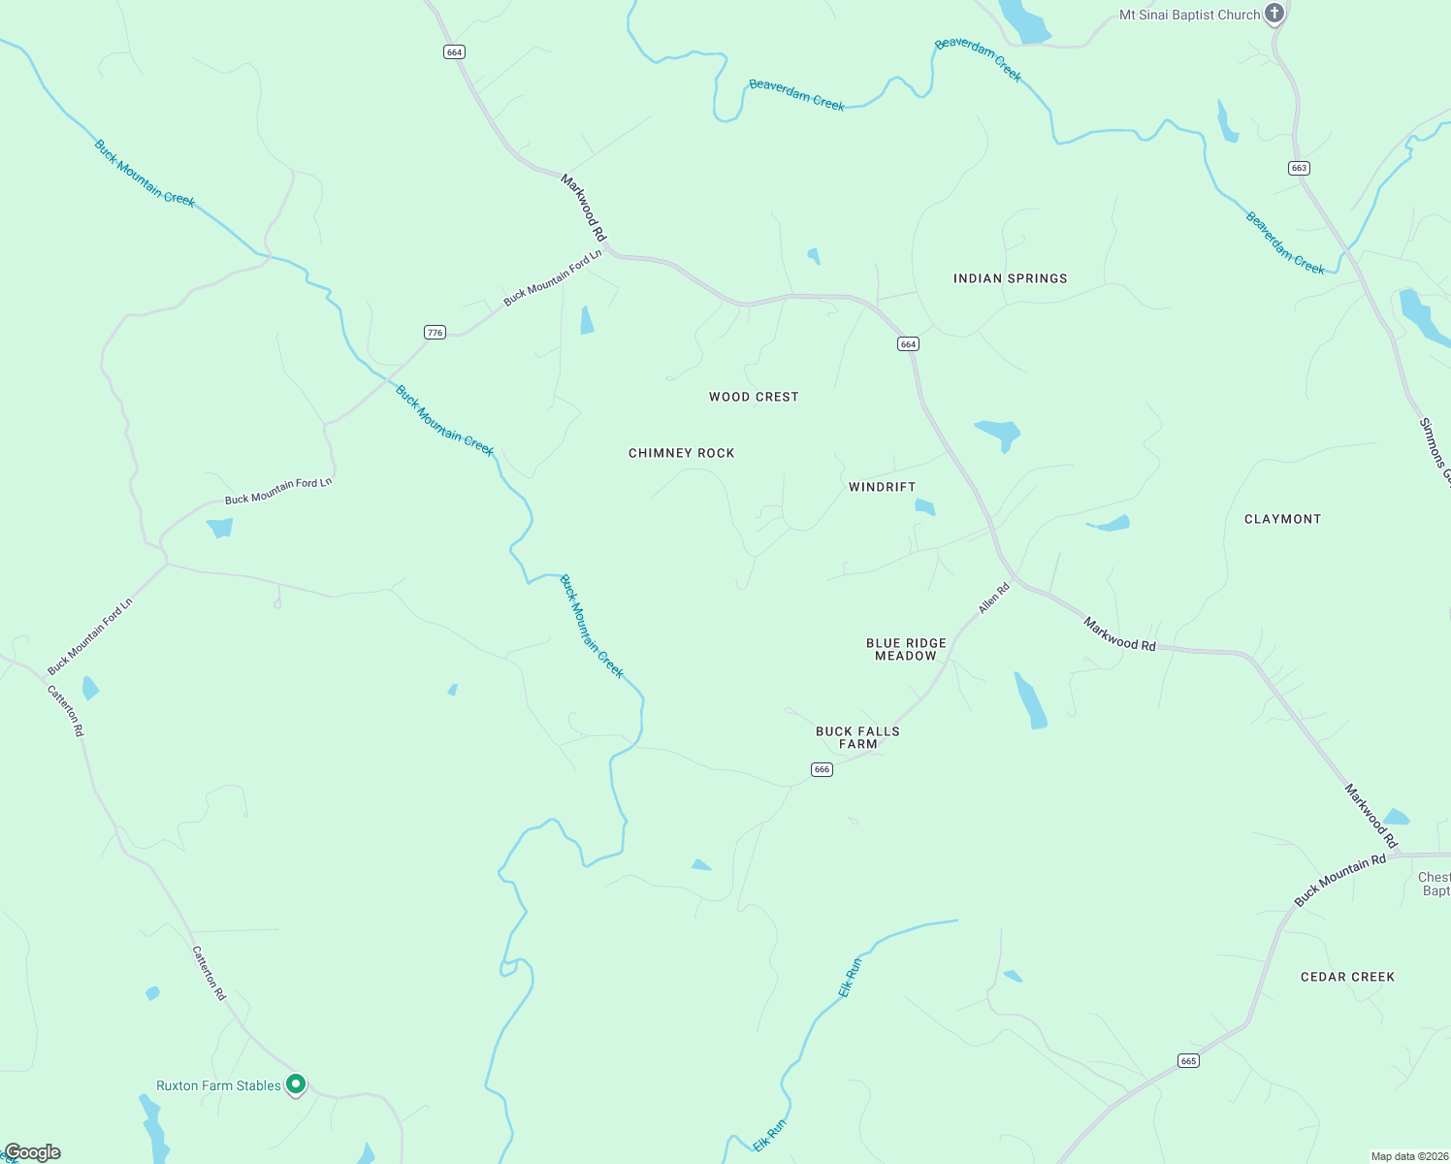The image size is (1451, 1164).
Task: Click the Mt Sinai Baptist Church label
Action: click(1189, 16)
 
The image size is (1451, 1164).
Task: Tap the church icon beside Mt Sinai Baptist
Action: click(1275, 14)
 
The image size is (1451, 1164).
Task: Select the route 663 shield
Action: click(1300, 168)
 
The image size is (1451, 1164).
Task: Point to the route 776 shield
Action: click(435, 333)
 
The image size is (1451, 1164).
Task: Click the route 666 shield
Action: click(822, 769)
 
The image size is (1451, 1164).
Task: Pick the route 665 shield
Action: click(1189, 1061)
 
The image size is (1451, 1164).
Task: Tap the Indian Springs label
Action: click(1010, 278)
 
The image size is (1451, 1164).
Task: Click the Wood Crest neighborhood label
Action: click(754, 397)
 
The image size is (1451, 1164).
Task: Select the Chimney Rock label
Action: click(682, 453)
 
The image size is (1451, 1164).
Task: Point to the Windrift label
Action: click(882, 487)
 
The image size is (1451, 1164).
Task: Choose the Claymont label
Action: click(1282, 519)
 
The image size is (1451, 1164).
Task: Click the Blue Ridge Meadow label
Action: click(906, 650)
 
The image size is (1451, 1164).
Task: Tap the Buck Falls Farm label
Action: click(857, 738)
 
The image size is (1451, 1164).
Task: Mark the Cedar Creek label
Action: click(1347, 977)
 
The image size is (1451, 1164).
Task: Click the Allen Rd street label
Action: click(994, 598)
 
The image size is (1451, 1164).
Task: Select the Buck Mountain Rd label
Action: click(1340, 882)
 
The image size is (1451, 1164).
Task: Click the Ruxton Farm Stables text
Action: click(218, 1085)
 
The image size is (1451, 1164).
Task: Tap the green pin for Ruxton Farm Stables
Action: click(296, 1084)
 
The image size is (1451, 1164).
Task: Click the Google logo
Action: click(32, 1152)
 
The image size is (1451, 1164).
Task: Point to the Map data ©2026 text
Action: click(1407, 1156)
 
